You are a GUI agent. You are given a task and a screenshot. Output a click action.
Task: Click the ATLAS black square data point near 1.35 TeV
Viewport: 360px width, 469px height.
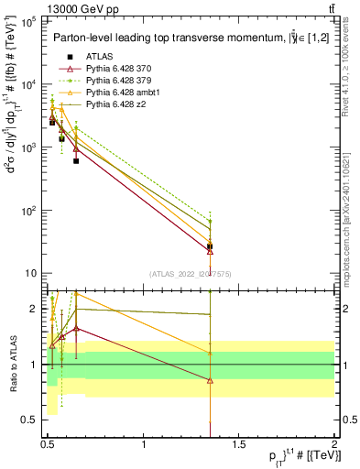click(211, 246)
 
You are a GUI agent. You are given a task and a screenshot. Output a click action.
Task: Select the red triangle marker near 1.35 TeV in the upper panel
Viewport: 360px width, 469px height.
click(211, 251)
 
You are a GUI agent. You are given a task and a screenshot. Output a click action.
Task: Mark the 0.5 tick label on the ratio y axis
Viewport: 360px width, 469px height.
click(31, 420)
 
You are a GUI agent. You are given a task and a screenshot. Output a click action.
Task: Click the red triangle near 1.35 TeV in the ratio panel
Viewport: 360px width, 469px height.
click(211, 380)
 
